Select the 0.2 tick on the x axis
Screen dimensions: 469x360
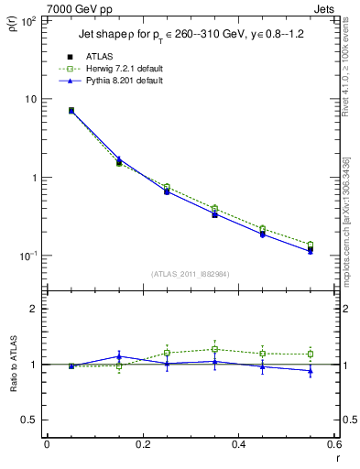[x=142, y=449]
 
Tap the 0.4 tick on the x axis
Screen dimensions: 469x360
[x=238, y=449]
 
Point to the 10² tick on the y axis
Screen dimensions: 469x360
[x=29, y=20]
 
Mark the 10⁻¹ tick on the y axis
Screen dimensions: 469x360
[x=29, y=256]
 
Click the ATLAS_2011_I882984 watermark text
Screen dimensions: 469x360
[x=191, y=273]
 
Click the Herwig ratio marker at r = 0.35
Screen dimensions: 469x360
[x=214, y=349]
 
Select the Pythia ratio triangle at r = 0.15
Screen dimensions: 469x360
[x=118, y=356]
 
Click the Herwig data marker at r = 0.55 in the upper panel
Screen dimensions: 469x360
[x=310, y=245]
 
